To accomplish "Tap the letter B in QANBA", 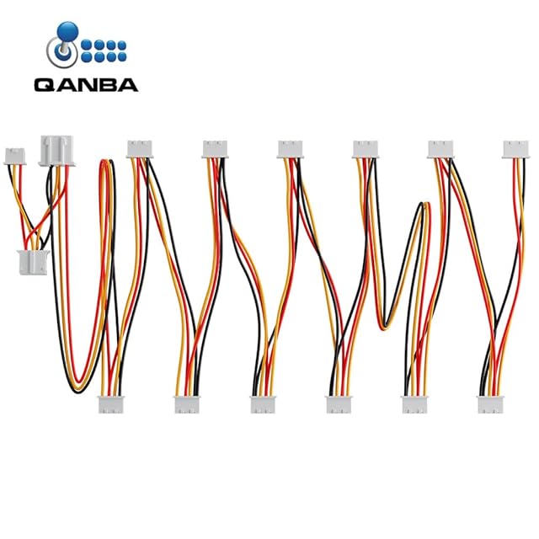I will pyautogui.click(x=108, y=84).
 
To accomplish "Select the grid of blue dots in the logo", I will pyautogui.click(x=104, y=51).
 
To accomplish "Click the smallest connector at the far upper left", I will pyautogui.click(x=15, y=155).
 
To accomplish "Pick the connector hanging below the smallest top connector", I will pyautogui.click(x=30, y=264).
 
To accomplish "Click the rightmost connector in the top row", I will pyautogui.click(x=516, y=149).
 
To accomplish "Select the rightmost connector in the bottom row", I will pyautogui.click(x=491, y=404).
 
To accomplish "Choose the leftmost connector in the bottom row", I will pyautogui.click(x=112, y=404).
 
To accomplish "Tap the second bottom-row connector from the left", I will pyautogui.click(x=188, y=404).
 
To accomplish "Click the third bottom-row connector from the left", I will pyautogui.click(x=264, y=404).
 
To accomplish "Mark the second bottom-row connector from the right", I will pyautogui.click(x=415, y=404).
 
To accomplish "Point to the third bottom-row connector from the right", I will pyautogui.click(x=339, y=404).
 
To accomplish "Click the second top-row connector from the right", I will pyautogui.click(x=440, y=149).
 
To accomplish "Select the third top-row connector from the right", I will pyautogui.click(x=366, y=149).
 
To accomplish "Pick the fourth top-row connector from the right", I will pyautogui.click(x=291, y=149).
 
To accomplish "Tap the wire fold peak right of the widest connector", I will pyautogui.click(x=106, y=161).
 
